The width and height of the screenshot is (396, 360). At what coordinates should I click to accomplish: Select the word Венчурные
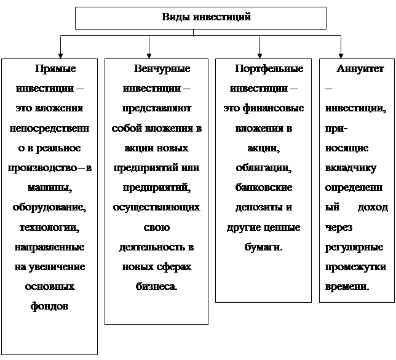[162, 69]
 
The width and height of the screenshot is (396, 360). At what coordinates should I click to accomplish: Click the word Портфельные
[269, 69]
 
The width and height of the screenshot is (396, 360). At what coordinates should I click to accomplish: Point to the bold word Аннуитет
[360, 69]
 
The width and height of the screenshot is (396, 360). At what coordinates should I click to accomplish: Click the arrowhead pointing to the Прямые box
[60, 54]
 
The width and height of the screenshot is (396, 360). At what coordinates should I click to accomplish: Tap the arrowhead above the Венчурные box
[149, 54]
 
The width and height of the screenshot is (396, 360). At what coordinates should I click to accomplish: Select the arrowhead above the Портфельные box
[260, 54]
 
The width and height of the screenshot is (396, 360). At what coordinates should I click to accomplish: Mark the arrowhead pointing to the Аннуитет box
[341, 54]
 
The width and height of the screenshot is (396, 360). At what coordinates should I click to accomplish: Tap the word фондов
[50, 306]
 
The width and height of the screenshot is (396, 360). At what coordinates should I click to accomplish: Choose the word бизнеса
[156, 287]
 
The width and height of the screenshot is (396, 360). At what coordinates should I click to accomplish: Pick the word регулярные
[353, 247]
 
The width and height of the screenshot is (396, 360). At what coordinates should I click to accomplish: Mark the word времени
[346, 287]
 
